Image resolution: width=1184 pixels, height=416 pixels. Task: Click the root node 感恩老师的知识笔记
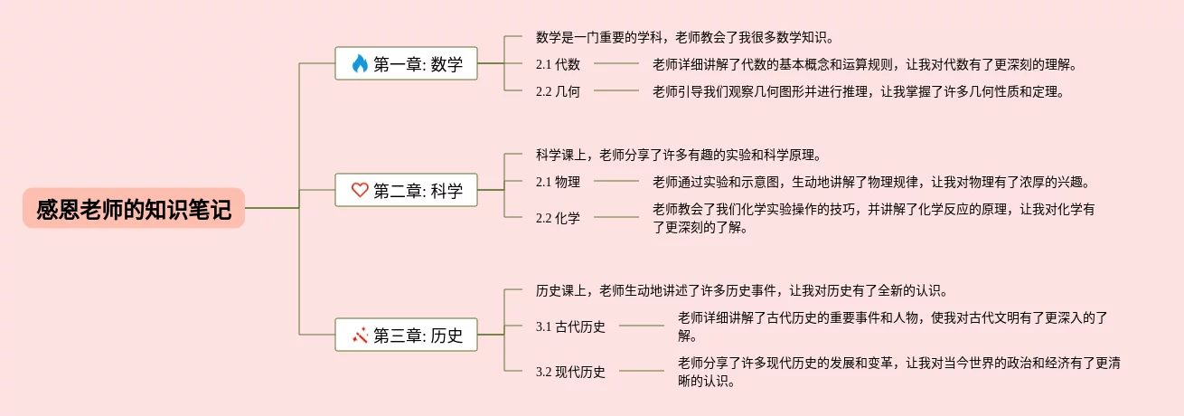[x=134, y=208]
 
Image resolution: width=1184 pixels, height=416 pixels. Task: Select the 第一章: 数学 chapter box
[x=406, y=63]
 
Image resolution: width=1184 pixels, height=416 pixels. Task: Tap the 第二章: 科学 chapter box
[x=406, y=190]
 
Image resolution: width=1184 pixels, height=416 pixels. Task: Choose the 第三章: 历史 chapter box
[x=406, y=336]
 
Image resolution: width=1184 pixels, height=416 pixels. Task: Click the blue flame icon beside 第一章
[x=360, y=63]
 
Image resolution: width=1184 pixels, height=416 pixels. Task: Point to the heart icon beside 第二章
[x=360, y=190]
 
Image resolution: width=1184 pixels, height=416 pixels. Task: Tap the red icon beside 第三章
[x=360, y=336]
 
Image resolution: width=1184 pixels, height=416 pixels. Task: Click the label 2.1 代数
[x=558, y=64]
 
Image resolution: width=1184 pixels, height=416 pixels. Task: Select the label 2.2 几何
[x=558, y=90]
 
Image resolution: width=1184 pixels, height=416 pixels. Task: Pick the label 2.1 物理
[x=558, y=182]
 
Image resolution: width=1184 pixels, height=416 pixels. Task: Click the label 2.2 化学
[x=558, y=218]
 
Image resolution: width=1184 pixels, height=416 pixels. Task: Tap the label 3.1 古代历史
[x=570, y=326]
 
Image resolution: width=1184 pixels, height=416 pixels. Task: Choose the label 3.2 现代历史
[x=570, y=372]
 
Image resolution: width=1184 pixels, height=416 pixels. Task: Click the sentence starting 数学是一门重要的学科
[x=683, y=37]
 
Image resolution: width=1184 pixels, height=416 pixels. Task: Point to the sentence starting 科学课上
[x=677, y=155]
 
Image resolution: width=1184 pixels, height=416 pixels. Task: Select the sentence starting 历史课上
[x=741, y=290]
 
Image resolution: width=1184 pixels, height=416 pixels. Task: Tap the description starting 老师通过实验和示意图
[x=871, y=182]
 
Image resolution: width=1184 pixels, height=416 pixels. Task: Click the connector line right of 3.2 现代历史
[x=641, y=371]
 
